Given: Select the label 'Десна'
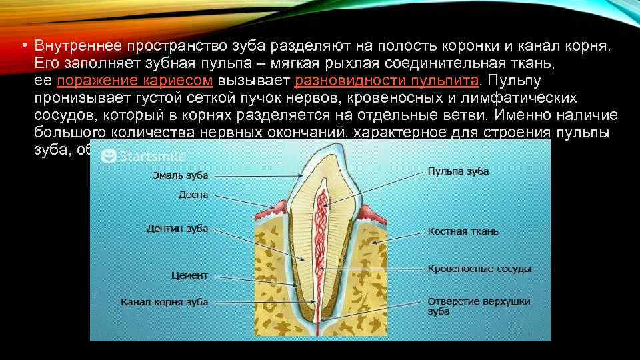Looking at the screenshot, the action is [x=193, y=195].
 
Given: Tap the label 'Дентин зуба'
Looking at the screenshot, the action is [x=177, y=229].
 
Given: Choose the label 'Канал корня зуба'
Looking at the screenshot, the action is [x=164, y=302].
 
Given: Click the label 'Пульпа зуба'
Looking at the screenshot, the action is [x=458, y=171].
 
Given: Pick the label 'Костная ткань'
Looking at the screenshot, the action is [x=463, y=232].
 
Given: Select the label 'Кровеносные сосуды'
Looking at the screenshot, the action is [x=479, y=269].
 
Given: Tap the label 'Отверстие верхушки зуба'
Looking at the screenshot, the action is [x=478, y=306].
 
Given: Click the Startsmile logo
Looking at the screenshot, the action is [x=143, y=155].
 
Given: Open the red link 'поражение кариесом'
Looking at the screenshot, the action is [x=135, y=81].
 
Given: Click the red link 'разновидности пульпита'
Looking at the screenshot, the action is [x=386, y=81].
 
